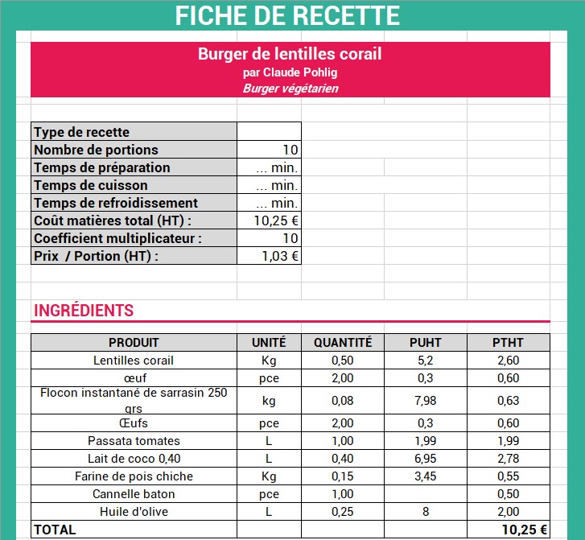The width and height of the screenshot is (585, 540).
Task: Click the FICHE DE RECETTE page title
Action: tap(287, 15)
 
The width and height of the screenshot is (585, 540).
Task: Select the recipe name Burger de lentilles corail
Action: tap(290, 55)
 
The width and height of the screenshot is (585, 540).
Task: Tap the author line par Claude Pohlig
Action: tap(290, 72)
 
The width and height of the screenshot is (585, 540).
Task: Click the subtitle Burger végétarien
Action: tap(290, 89)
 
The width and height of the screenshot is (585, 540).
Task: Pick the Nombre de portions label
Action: tap(96, 150)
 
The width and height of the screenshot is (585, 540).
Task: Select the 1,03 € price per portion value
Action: tap(280, 256)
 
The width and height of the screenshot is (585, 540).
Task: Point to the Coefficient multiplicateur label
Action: tap(117, 238)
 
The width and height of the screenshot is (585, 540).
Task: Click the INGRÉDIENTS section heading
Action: tap(83, 311)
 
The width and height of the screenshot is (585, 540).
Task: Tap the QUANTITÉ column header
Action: tap(343, 342)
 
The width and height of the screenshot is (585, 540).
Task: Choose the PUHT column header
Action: tap(426, 342)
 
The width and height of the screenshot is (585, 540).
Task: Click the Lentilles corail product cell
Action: tap(134, 360)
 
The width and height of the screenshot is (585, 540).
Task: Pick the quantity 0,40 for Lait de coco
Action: tap(343, 458)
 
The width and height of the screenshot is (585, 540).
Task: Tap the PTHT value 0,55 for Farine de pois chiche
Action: tap(508, 476)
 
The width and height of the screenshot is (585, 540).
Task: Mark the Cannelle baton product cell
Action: tap(134, 493)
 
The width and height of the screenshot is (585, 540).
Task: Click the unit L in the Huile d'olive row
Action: tap(269, 511)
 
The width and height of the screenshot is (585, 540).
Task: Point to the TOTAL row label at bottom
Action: tap(55, 530)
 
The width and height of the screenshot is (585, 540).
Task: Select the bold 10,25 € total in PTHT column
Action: tap(524, 530)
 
